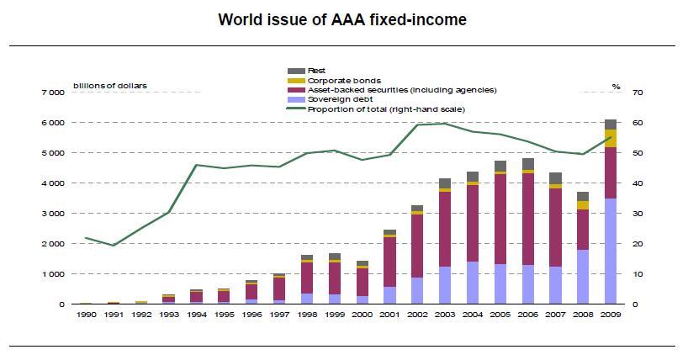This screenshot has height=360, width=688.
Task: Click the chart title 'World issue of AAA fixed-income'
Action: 342,19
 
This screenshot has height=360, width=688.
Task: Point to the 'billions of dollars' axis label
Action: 108,85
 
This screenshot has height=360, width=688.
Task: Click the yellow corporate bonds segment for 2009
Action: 611,138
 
